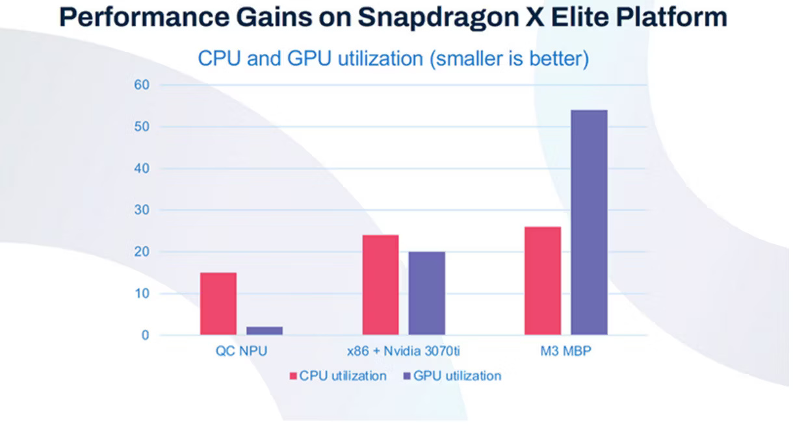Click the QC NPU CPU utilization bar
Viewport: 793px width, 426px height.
[218, 304]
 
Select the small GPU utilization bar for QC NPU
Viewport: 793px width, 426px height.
[265, 331]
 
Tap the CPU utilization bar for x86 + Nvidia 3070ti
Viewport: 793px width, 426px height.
[381, 285]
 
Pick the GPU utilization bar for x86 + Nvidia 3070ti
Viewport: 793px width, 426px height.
[427, 294]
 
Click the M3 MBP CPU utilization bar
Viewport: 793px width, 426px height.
[543, 281]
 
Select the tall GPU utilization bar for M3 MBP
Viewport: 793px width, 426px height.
[589, 223]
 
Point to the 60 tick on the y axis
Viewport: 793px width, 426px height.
[142, 85]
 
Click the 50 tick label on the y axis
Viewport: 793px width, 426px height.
[142, 127]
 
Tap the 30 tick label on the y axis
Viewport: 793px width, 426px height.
[142, 210]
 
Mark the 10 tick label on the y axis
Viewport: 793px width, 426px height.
[142, 294]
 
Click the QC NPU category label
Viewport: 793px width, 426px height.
[241, 352]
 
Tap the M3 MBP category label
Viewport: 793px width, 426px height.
[565, 352]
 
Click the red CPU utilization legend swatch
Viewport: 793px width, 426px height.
[293, 376]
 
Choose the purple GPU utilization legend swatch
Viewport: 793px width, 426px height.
[407, 376]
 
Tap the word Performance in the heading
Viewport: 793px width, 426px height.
[136, 18]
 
